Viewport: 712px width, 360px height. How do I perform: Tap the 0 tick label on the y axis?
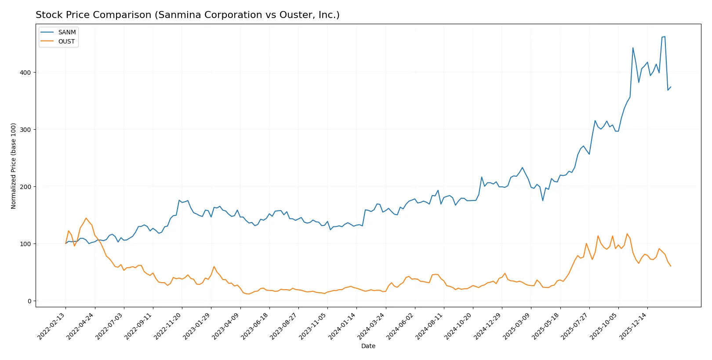29,301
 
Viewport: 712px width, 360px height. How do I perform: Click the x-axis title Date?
368,346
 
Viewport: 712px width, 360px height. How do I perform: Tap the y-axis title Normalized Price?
14,166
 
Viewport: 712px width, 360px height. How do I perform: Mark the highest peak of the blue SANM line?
665,36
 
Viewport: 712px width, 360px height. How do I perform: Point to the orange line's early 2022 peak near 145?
86,218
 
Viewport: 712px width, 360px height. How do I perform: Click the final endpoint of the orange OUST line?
671,266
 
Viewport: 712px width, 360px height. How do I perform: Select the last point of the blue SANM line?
671,87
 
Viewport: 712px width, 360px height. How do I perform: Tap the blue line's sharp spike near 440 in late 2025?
633,47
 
